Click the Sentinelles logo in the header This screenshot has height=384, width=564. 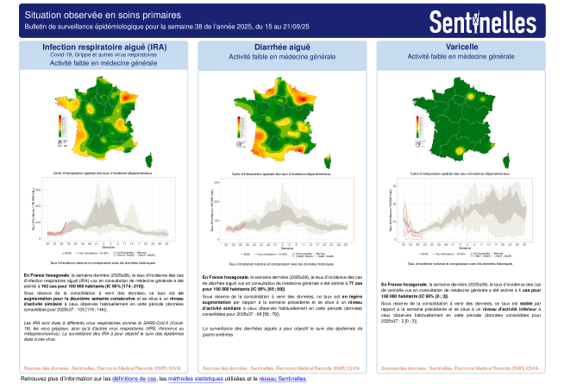click(x=495, y=20)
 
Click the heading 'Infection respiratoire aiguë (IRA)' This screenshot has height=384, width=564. click(x=104, y=47)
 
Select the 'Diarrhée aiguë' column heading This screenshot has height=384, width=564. click(x=282, y=47)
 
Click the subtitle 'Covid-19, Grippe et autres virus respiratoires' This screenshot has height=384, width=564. click(x=104, y=54)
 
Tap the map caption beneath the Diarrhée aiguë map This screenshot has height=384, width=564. click(x=282, y=174)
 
